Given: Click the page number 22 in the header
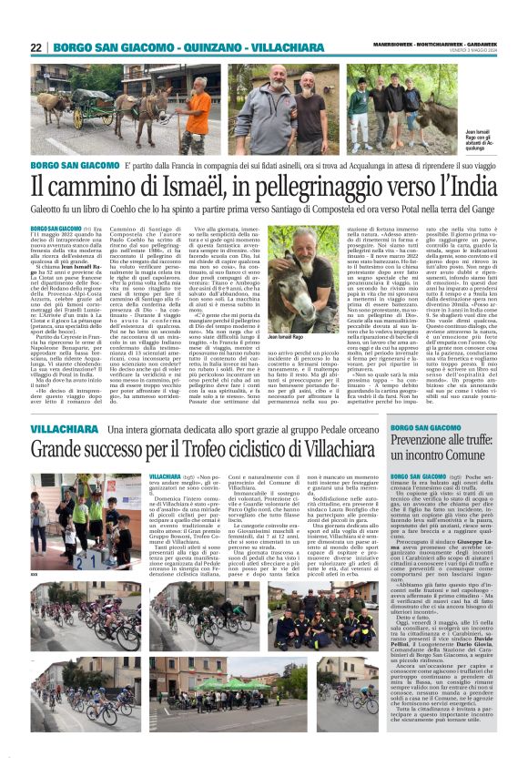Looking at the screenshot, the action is click(x=36, y=47).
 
